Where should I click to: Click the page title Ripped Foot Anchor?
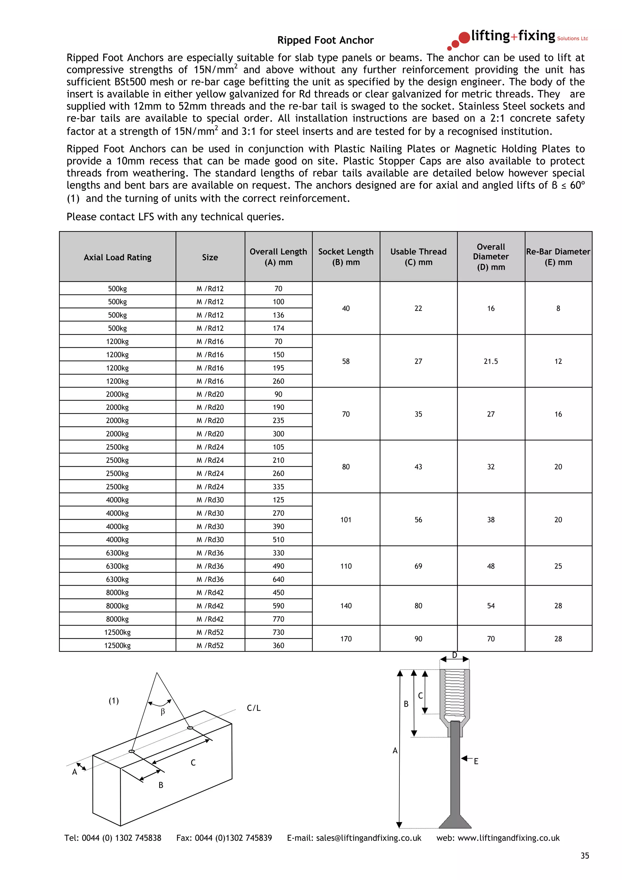pyautogui.click(x=325, y=40)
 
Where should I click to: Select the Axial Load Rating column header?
pyautogui.click(x=117, y=257)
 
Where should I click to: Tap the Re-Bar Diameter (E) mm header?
pyautogui.click(x=558, y=257)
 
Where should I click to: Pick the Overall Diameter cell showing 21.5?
pyautogui.click(x=490, y=361)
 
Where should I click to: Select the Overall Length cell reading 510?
pyautogui.click(x=278, y=540)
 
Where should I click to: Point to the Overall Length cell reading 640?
pyautogui.click(x=278, y=579)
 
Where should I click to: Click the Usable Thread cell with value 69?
pyautogui.click(x=418, y=566)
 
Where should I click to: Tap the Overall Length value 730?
pyautogui.click(x=278, y=632)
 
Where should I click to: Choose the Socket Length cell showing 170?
pyautogui.click(x=346, y=639)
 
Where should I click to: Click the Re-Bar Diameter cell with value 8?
pyautogui.click(x=558, y=309)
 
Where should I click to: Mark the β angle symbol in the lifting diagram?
pyautogui.click(x=163, y=712)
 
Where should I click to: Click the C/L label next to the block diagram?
pyautogui.click(x=253, y=708)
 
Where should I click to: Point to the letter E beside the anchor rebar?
pyautogui.click(x=476, y=761)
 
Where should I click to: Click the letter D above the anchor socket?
pyautogui.click(x=455, y=655)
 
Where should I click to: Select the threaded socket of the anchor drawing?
pyautogui.click(x=455, y=694)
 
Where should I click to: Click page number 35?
pyautogui.click(x=584, y=855)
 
